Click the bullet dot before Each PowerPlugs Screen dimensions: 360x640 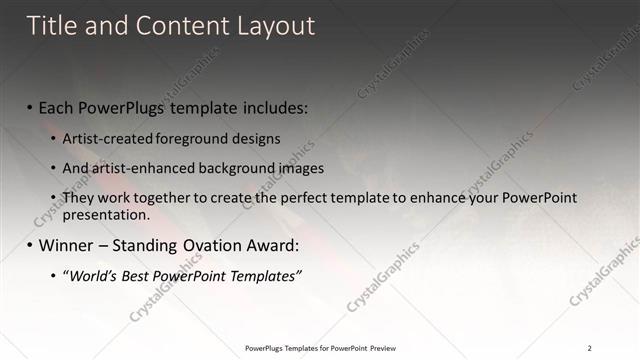[30, 107]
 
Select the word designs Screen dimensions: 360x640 [254, 138]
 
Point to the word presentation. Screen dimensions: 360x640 [105, 214]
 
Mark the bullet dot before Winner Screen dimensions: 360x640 [30, 245]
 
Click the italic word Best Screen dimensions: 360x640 [141, 275]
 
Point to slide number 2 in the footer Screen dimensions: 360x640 [590, 347]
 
